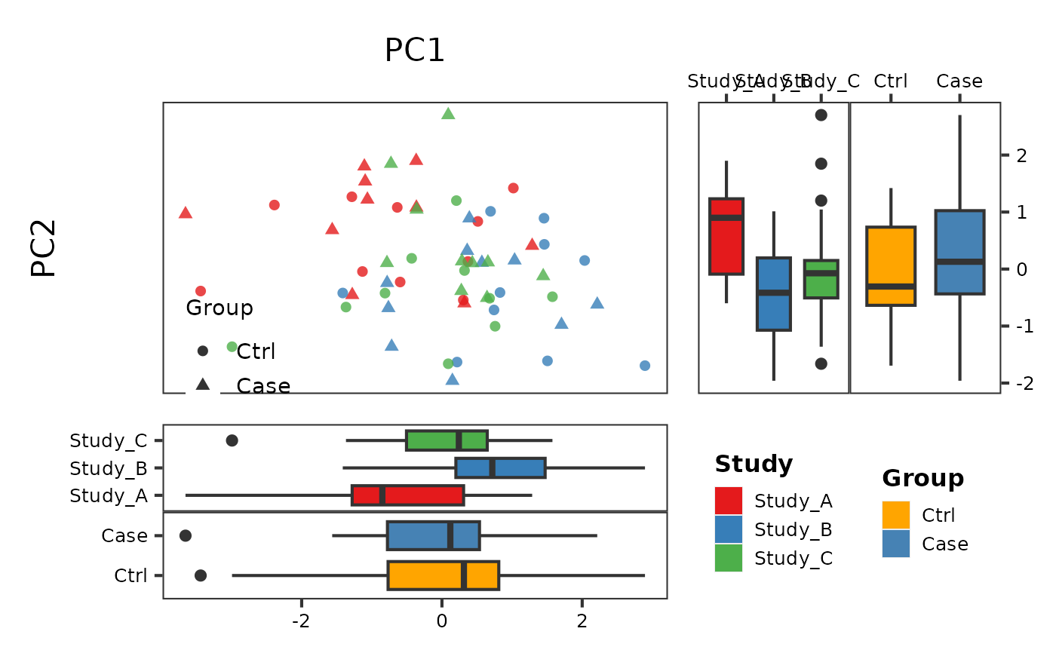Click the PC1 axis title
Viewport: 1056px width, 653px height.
[415, 51]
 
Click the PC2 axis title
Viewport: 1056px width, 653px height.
[45, 248]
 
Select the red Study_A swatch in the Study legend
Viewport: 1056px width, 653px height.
[729, 501]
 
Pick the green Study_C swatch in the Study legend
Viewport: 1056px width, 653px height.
[729, 558]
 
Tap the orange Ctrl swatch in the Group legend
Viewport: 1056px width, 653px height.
[896, 515]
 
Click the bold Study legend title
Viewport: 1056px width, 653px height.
[754, 464]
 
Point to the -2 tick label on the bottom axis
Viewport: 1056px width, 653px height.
[301, 623]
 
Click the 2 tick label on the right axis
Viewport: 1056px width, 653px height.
[1021, 155]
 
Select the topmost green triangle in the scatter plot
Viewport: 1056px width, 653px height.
[448, 114]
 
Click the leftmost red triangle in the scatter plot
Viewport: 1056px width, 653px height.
[186, 213]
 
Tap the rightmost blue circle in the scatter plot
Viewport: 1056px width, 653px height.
[645, 366]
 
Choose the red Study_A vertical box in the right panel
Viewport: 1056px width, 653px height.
[726, 236]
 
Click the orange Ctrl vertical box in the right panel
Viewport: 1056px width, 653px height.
[891, 265]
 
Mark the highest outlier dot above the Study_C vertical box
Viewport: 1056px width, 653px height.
[821, 115]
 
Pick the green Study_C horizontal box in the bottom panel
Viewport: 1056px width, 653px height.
[447, 440]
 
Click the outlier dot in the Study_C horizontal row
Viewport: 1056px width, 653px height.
[232, 440]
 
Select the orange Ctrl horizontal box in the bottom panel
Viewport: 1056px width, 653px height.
[443, 575]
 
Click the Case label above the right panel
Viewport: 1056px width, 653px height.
[959, 81]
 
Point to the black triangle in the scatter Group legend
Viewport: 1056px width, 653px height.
[203, 385]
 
